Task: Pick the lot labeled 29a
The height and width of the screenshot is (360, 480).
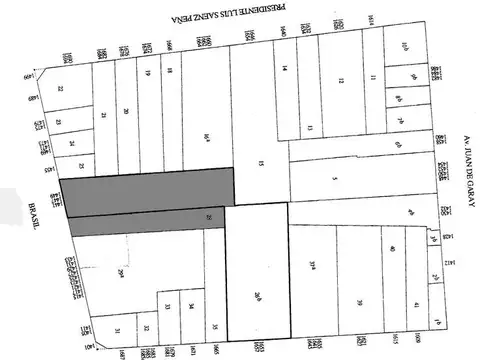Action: tap(119, 272)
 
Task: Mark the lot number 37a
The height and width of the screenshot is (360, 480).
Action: tap(314, 265)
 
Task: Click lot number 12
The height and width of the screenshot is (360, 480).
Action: tap(340, 81)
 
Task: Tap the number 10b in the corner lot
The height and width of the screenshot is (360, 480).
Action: tap(405, 45)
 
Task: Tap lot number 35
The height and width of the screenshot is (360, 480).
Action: tap(215, 324)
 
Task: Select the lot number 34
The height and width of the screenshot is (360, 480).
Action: tap(191, 306)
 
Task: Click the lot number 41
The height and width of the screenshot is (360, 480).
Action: tap(415, 302)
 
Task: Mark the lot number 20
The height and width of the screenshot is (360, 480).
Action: tap(126, 112)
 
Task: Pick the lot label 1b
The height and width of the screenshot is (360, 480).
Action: tap(437, 321)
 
